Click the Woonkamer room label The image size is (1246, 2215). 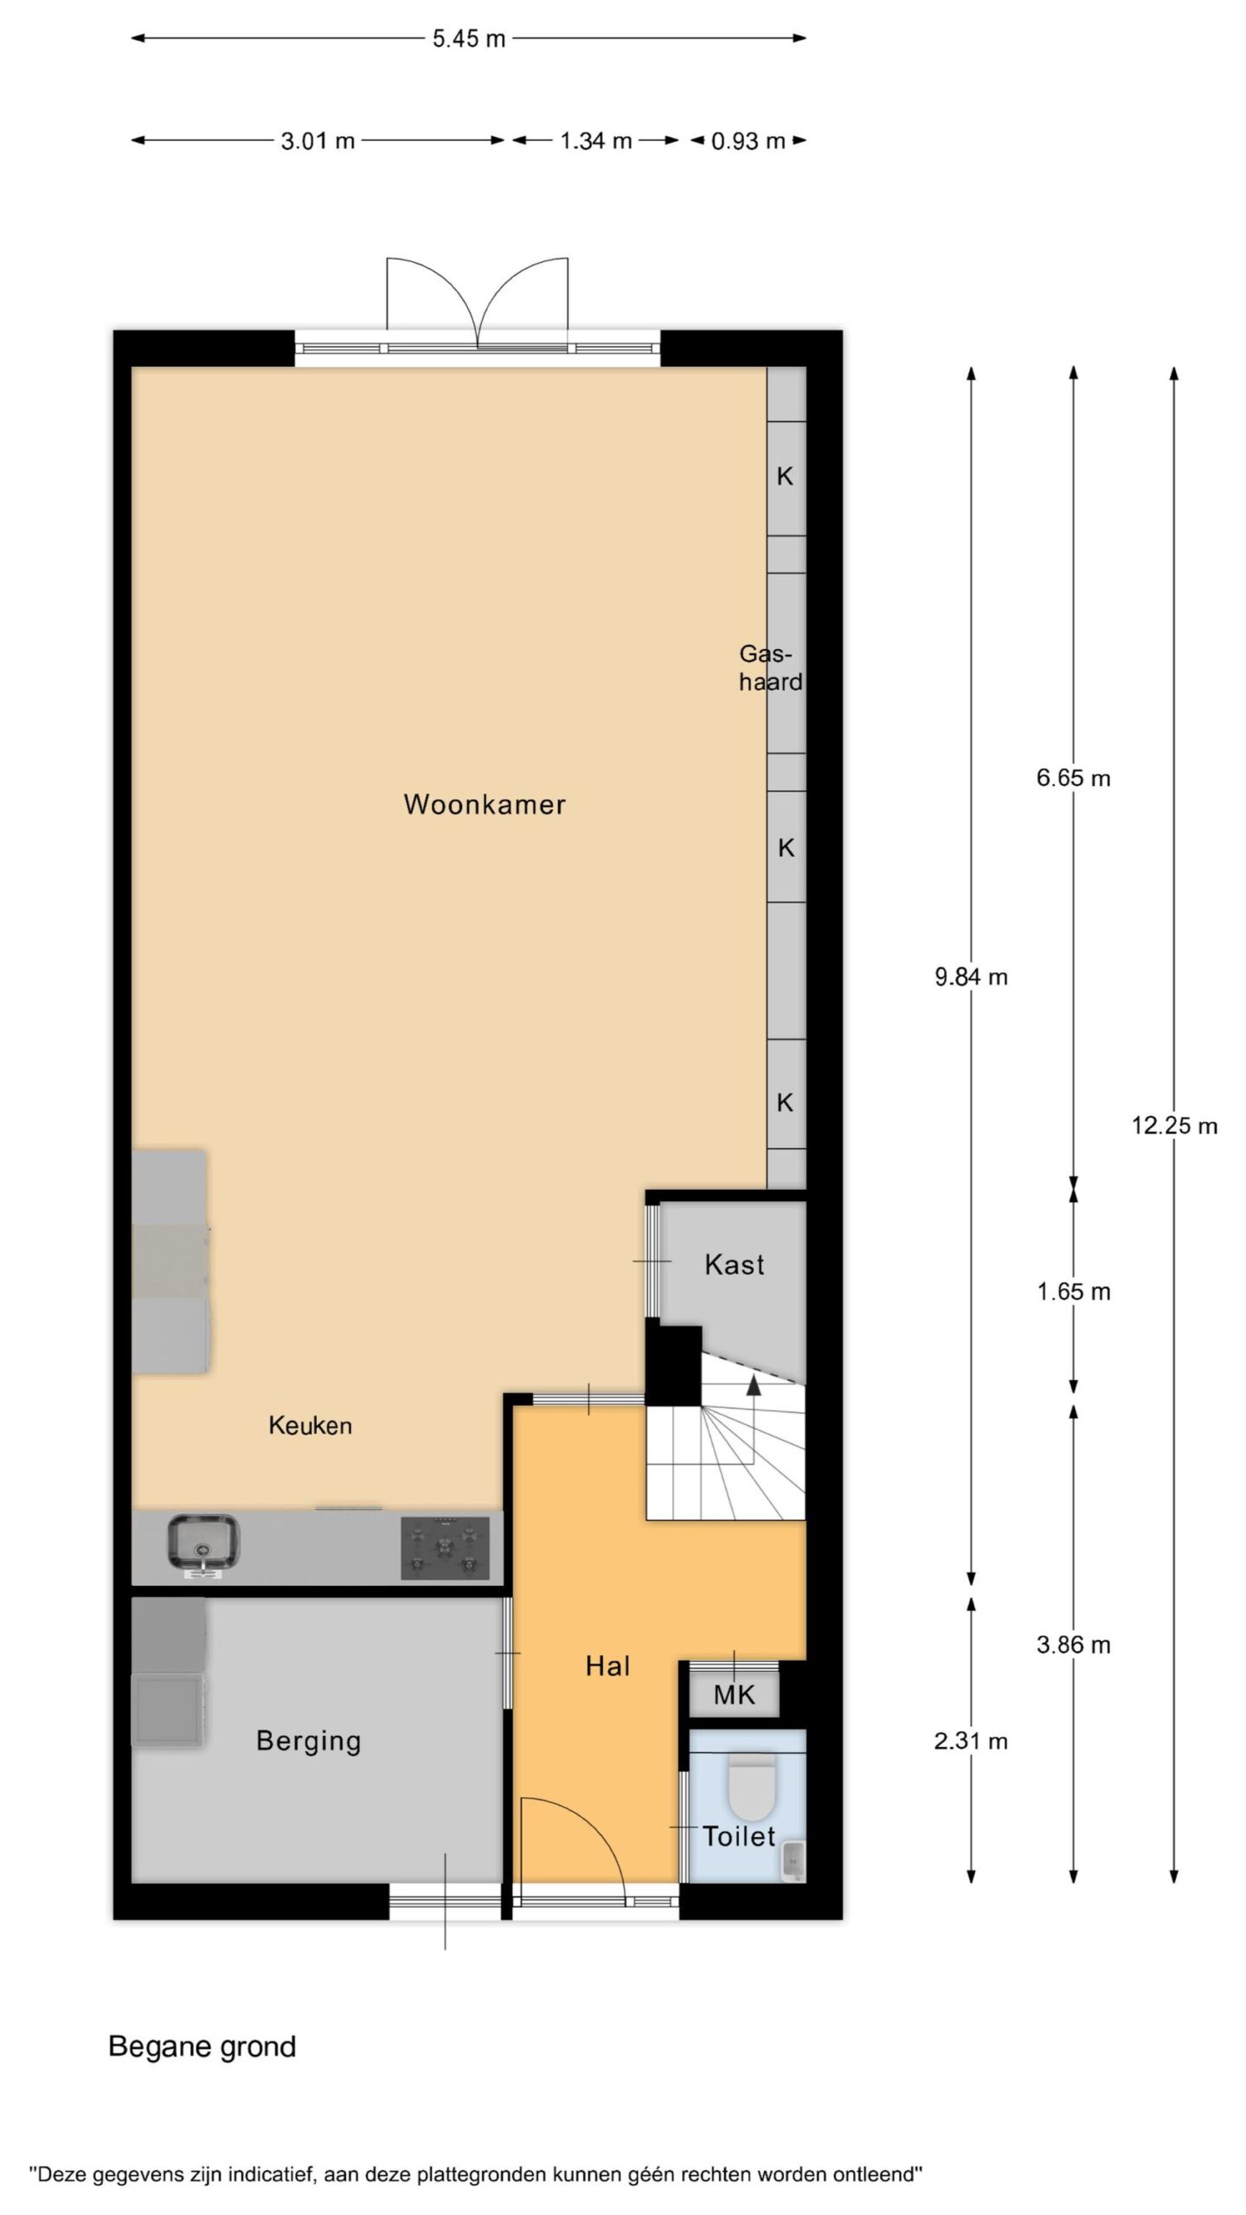(485, 804)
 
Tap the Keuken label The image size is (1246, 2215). (310, 1425)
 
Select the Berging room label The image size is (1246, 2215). (308, 1741)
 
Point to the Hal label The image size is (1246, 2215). (607, 1666)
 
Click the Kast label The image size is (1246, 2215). (735, 1264)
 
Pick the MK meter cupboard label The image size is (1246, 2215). (734, 1695)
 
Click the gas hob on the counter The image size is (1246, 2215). (445, 1548)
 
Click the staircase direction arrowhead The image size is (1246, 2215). (754, 1384)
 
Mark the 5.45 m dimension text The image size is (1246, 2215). (469, 39)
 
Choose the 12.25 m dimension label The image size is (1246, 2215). (1174, 1126)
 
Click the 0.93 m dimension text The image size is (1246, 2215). (748, 141)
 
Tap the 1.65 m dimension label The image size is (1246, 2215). (1074, 1292)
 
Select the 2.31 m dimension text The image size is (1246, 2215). (971, 1741)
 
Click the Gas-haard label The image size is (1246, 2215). (770, 668)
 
